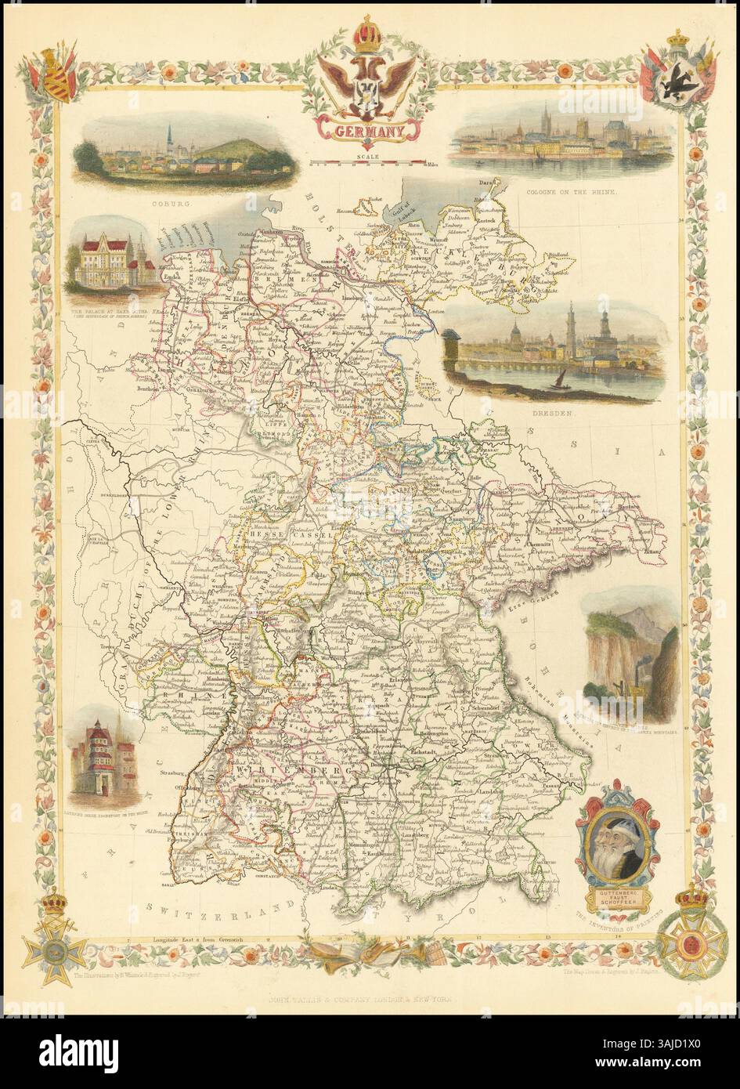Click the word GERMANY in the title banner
click(x=367, y=132)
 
